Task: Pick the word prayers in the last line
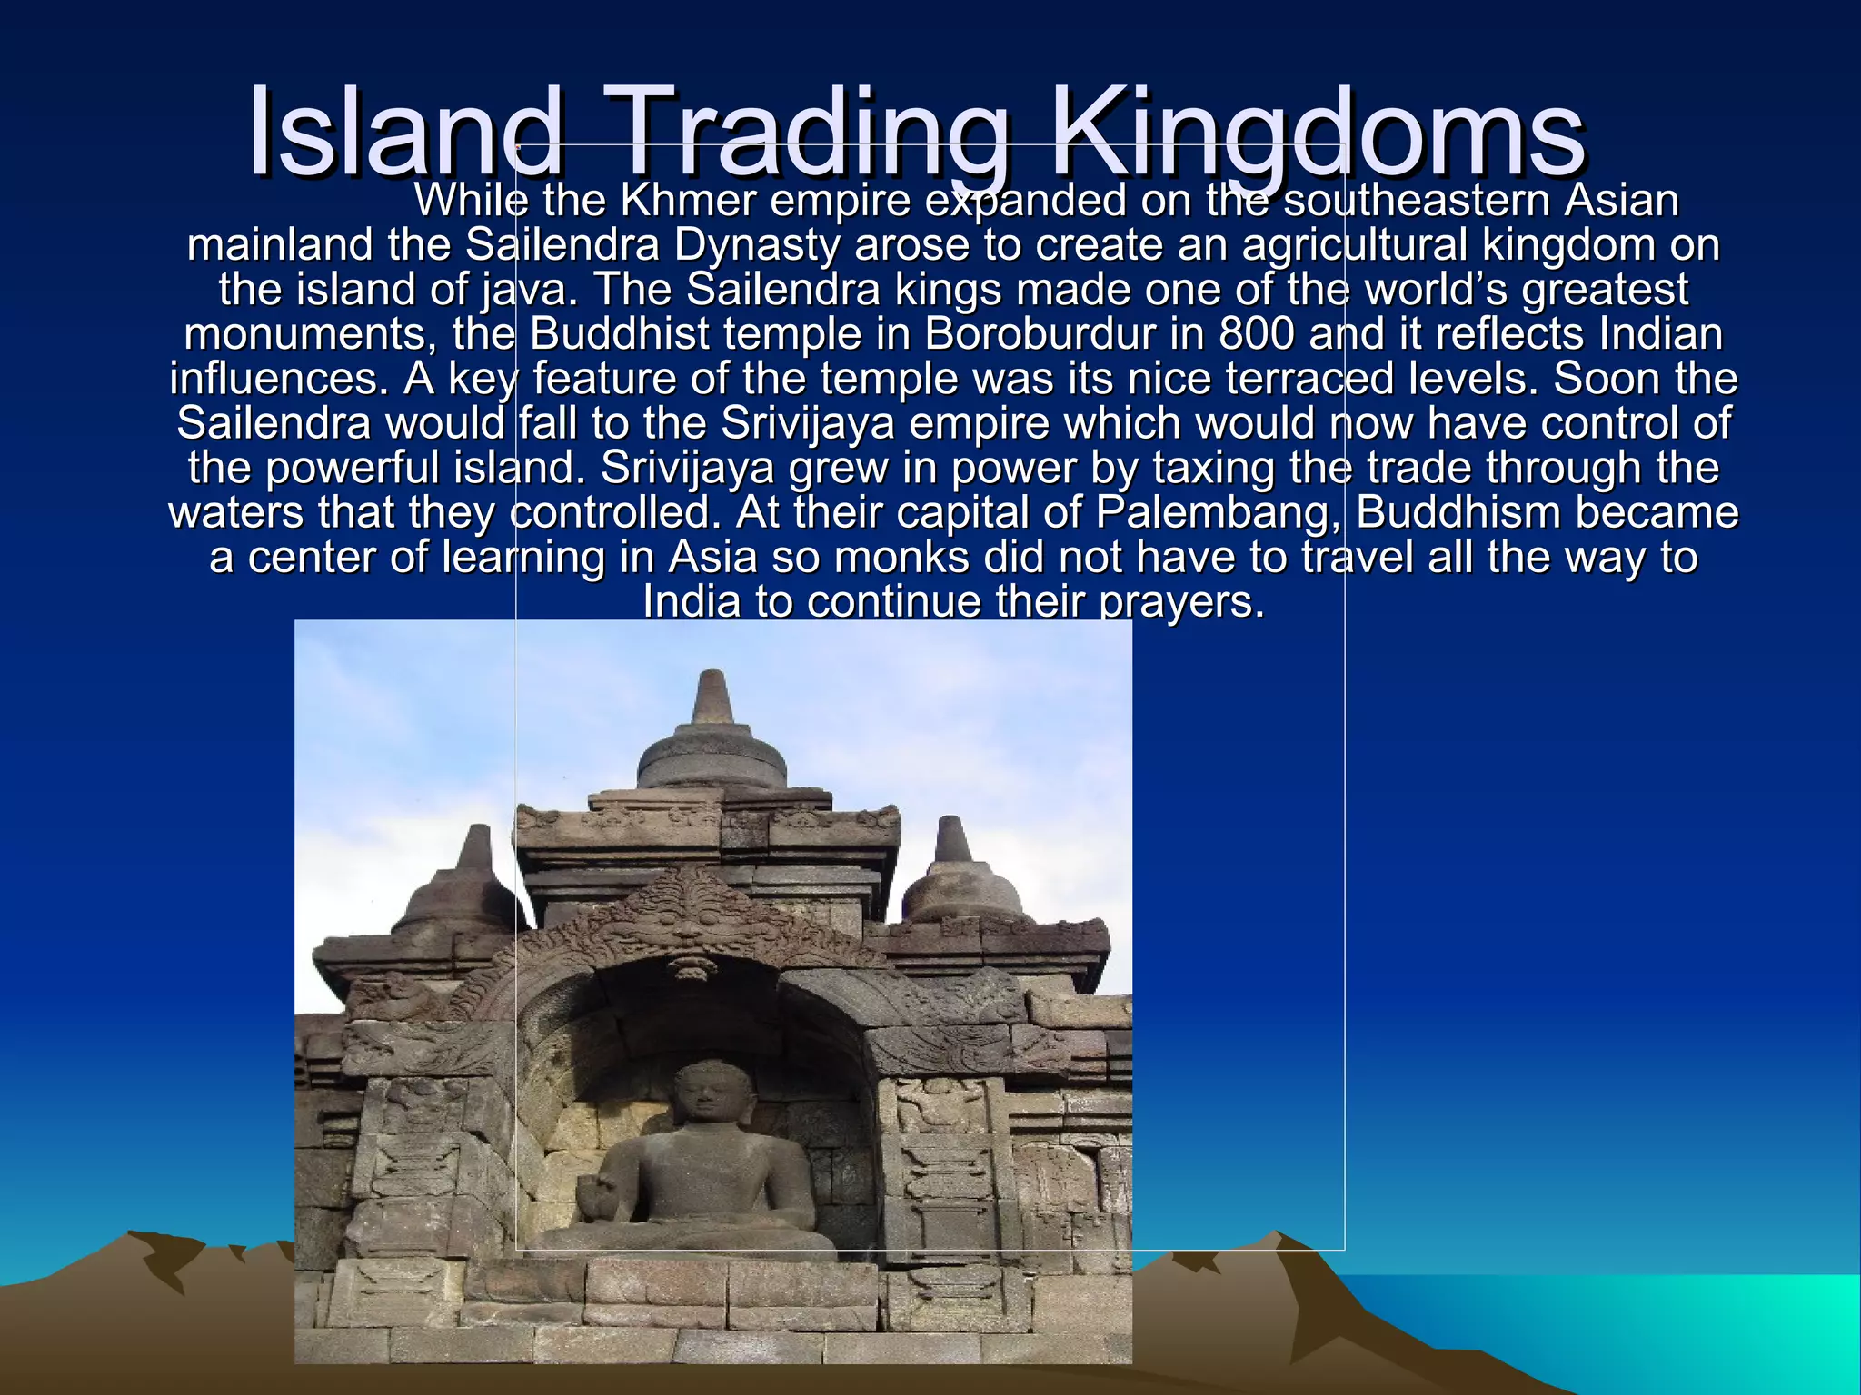pos(1181,601)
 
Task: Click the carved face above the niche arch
pos(688,928)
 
